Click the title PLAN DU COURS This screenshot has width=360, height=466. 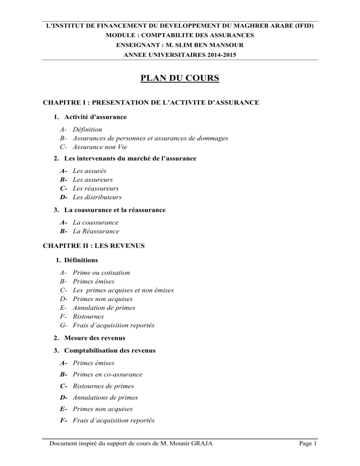180,76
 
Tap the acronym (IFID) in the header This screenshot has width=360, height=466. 302,26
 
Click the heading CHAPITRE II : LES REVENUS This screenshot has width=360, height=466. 93,245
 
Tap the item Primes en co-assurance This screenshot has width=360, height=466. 108,374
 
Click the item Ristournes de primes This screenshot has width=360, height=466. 103,386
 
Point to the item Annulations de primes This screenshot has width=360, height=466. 105,397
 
